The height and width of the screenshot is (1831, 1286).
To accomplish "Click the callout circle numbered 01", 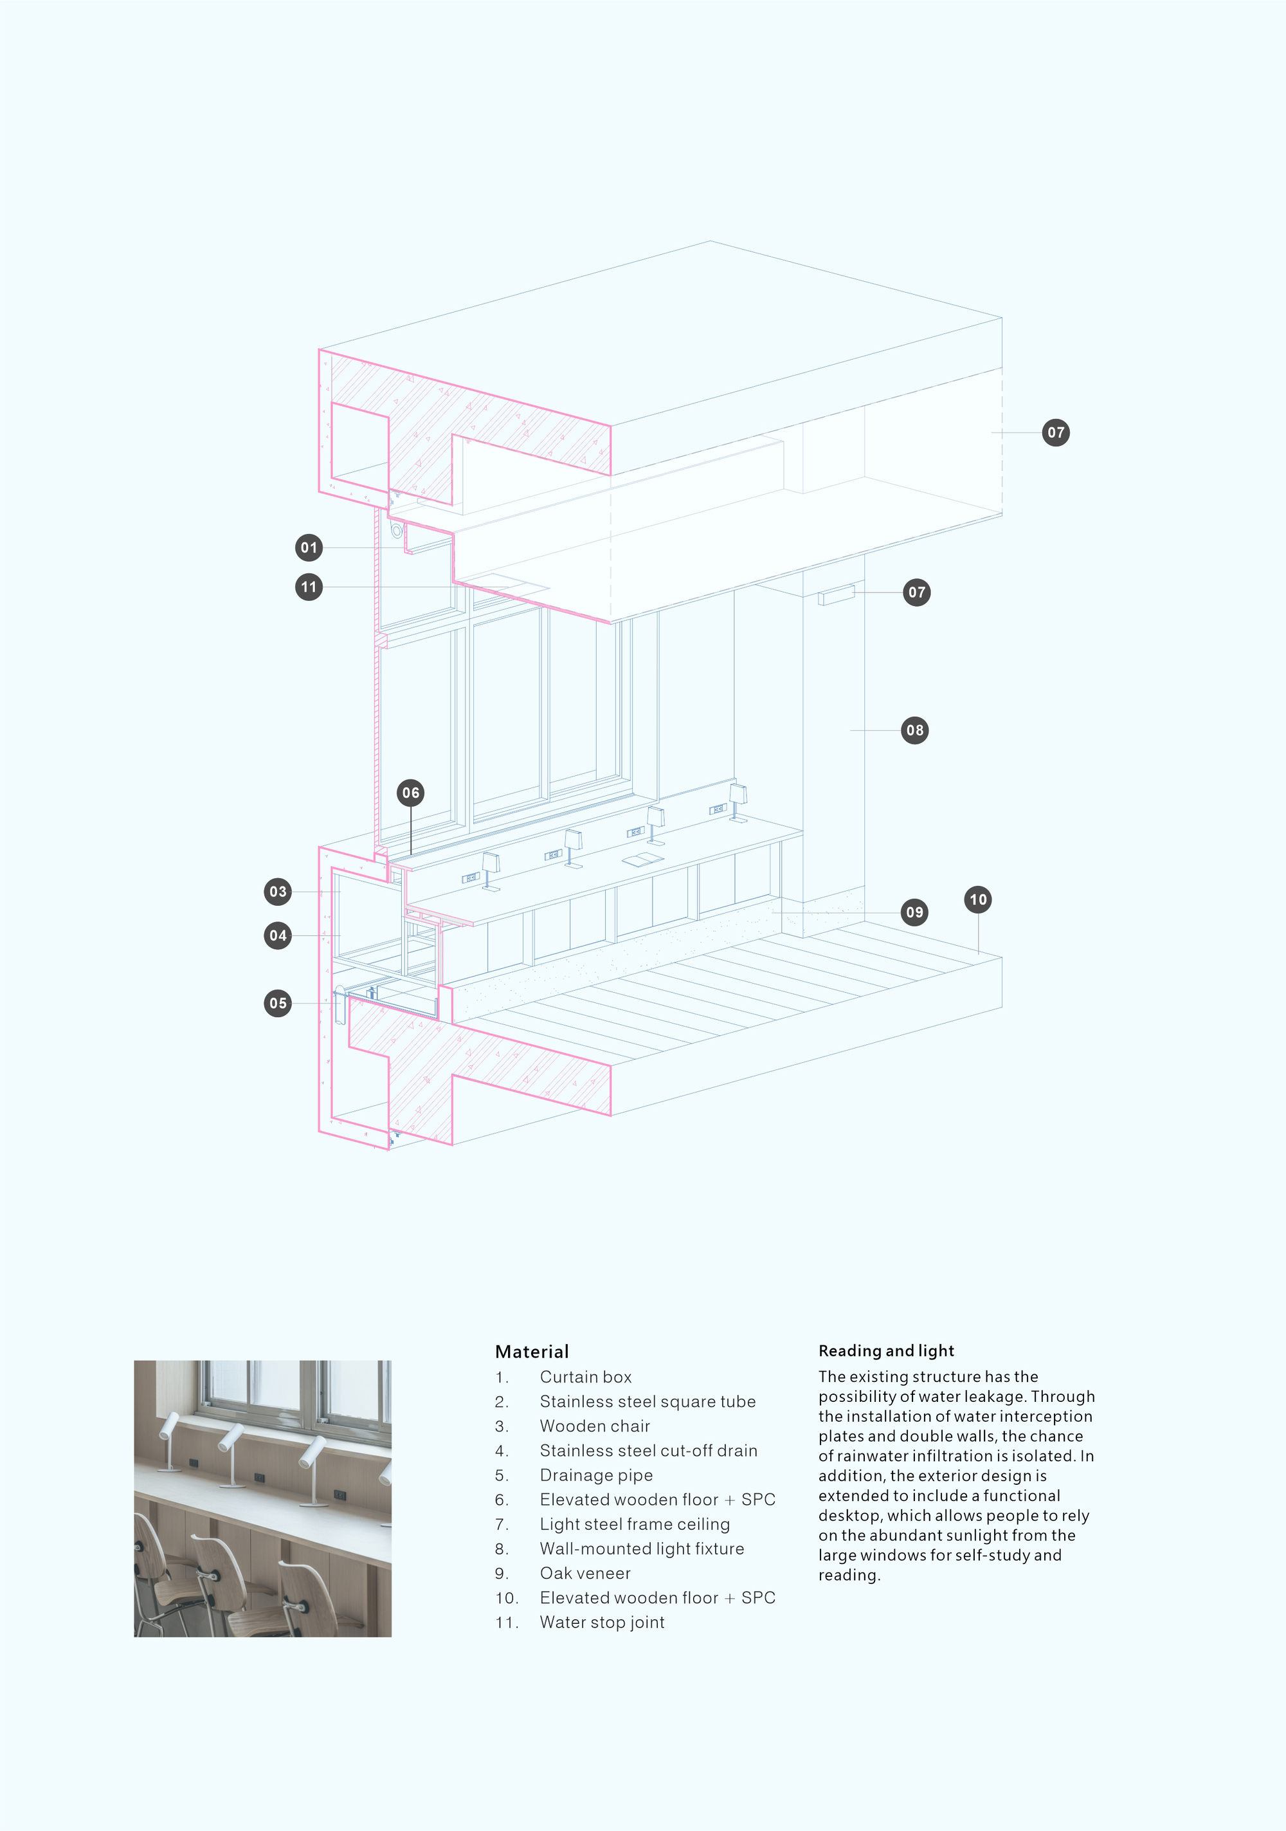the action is pos(309,548).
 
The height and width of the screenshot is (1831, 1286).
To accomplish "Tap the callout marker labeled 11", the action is pos(309,587).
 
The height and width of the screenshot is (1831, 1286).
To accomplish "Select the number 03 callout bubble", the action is pos(277,892).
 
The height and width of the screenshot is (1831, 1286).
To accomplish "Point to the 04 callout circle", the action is pos(277,935).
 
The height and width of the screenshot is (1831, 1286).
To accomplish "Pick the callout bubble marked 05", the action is pos(277,1003).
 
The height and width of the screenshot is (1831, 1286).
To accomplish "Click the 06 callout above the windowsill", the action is pos(411,793).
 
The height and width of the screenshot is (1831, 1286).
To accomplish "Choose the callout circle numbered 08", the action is pos(914,730).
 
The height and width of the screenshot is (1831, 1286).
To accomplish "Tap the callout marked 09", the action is pos(914,912).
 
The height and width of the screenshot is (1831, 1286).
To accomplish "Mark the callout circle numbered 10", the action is pos(978,899).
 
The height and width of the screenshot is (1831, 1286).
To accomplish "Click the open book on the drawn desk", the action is pos(642,859).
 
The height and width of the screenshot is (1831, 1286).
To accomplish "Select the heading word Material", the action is pos(532,1352).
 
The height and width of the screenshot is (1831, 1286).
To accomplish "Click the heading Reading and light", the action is pos(886,1351).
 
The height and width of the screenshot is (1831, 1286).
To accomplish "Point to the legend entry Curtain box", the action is pos(585,1377).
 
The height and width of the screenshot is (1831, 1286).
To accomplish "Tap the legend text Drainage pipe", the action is pos(595,1475).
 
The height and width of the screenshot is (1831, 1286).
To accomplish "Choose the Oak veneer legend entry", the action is pos(584,1574).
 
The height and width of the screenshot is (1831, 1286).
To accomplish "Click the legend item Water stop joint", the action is pos(602,1623).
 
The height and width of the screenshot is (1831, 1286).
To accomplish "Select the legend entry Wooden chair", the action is pos(595,1426).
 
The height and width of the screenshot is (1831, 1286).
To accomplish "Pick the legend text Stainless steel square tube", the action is pos(648,1402).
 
